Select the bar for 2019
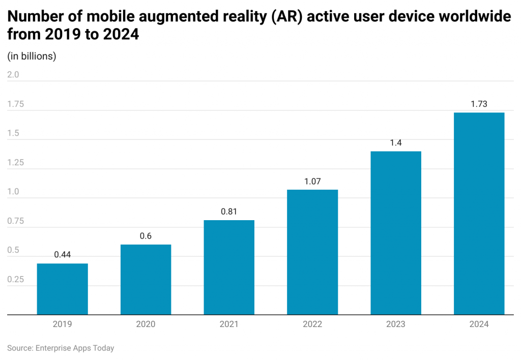63,289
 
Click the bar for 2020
146,280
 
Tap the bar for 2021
229,267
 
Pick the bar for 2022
312,252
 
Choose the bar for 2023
396,233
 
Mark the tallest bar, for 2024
479,214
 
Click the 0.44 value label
63,255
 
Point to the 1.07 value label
312,181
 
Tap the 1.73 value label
479,104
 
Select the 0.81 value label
229,212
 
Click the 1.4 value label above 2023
396,142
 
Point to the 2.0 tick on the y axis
13,75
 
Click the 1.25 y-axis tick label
16,163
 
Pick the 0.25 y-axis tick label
16,280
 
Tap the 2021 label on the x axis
229,324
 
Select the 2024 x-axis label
479,324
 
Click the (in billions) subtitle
32,56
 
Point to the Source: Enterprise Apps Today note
61,348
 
